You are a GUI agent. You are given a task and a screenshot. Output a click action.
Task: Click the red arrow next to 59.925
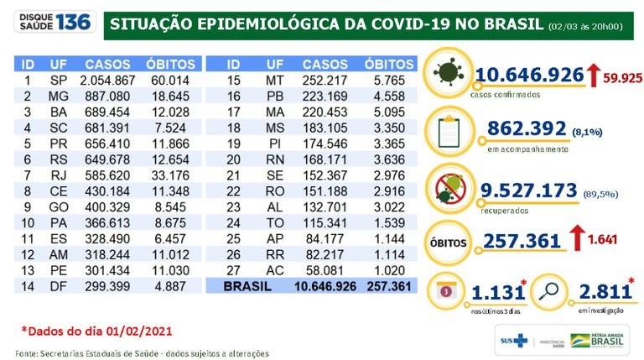[x=593, y=76]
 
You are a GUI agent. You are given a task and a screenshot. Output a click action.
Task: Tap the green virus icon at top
[x=451, y=72]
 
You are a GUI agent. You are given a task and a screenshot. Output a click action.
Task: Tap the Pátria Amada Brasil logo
[x=598, y=340]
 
